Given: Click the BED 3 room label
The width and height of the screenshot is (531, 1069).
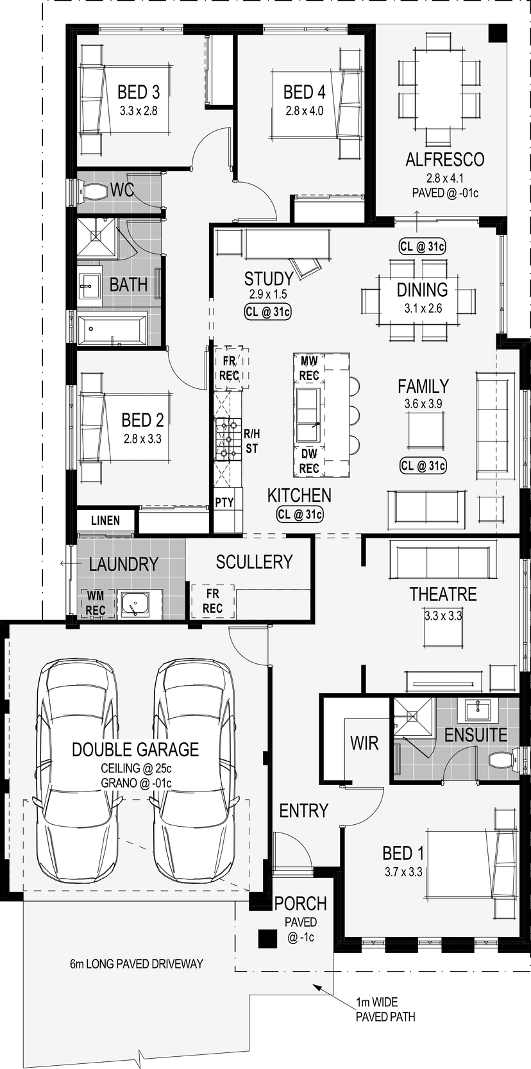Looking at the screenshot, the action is click(139, 91).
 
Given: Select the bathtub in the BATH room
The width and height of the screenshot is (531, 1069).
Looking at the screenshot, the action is click(113, 329).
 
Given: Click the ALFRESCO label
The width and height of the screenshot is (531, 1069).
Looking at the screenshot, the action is click(444, 160).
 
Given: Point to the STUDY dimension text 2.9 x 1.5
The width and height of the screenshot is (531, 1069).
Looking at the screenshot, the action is click(268, 294).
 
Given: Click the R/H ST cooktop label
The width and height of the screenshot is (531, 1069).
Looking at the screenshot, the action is click(251, 442).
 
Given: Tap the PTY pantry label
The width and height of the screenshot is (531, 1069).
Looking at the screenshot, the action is click(224, 502).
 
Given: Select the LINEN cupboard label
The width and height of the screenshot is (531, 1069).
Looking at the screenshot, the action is click(106, 520).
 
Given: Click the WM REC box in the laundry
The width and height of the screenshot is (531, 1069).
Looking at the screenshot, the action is click(95, 602).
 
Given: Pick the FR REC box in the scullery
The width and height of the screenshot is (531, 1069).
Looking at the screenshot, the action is click(212, 601).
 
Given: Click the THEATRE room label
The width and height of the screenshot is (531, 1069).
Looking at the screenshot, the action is click(443, 594).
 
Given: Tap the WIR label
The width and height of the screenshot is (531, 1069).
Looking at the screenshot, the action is click(364, 743).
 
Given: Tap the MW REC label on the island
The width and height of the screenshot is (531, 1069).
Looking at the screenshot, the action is click(309, 369).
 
